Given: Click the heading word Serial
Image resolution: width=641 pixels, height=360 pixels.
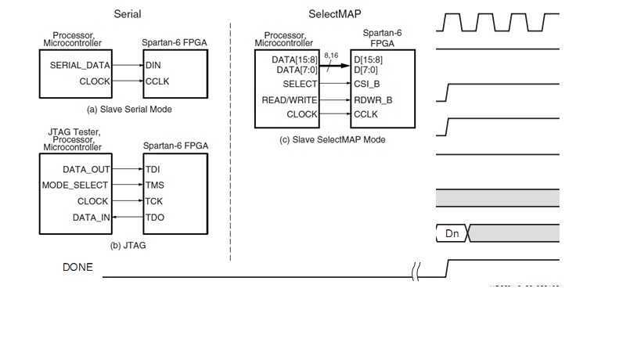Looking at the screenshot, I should click(128, 14).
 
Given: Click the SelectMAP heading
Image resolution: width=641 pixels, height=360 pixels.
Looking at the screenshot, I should click(334, 14).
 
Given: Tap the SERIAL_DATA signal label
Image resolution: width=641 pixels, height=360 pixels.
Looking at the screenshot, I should click(80, 65).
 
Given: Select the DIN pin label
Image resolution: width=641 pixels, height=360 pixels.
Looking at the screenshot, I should click(153, 65).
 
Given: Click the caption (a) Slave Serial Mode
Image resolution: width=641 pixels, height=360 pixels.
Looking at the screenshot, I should click(130, 110).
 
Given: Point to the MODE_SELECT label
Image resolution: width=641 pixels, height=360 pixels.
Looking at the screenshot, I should click(75, 185).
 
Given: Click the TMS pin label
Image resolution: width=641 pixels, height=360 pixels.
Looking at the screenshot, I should click(154, 185).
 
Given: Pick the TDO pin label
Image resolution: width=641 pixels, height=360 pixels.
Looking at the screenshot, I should click(154, 218).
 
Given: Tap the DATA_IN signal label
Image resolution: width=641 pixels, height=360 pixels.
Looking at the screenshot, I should click(92, 218).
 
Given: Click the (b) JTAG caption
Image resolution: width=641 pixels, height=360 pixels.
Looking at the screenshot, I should click(128, 245).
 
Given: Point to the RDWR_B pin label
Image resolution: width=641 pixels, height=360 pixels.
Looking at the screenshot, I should click(373, 99).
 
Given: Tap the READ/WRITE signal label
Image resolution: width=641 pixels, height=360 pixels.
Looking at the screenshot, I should click(290, 99).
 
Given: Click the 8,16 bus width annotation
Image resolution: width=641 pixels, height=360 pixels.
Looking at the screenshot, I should click(331, 56).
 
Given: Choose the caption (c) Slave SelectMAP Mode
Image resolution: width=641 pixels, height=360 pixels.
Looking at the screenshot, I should click(332, 139).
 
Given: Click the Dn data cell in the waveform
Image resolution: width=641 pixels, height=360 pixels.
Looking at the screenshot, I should click(452, 233).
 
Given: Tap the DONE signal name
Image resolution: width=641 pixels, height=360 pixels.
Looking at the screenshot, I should click(77, 268).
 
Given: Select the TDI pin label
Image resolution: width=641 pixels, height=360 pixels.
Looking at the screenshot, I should click(153, 169).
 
